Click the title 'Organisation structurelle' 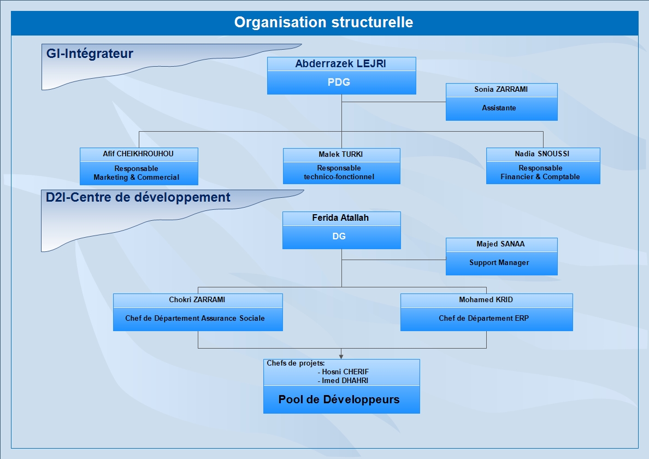[323, 22]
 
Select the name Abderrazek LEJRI [341, 64]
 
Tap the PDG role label [339, 82]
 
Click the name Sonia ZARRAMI [501, 89]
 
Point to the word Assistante [499, 108]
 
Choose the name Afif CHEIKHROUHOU [138, 154]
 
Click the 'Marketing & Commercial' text [136, 177]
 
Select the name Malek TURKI [341, 154]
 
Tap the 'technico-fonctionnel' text [339, 176]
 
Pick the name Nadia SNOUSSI [542, 154]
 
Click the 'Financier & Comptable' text [540, 176]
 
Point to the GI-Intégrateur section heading [90, 54]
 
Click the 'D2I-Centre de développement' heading [138, 197]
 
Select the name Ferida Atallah [340, 217]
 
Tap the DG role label [339, 236]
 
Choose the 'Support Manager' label [499, 262]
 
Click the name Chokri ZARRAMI [197, 299]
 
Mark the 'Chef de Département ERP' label [484, 318]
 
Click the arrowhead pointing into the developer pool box [341, 356]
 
